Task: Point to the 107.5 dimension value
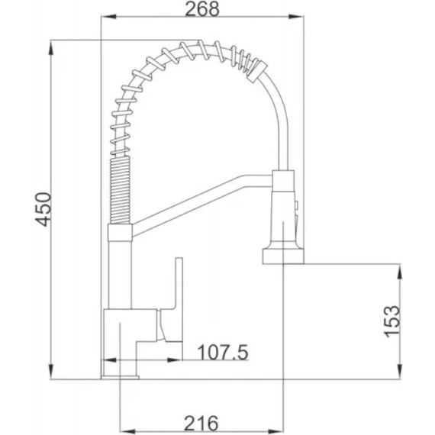tap(223, 353)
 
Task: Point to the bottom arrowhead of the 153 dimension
tap(398, 375)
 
